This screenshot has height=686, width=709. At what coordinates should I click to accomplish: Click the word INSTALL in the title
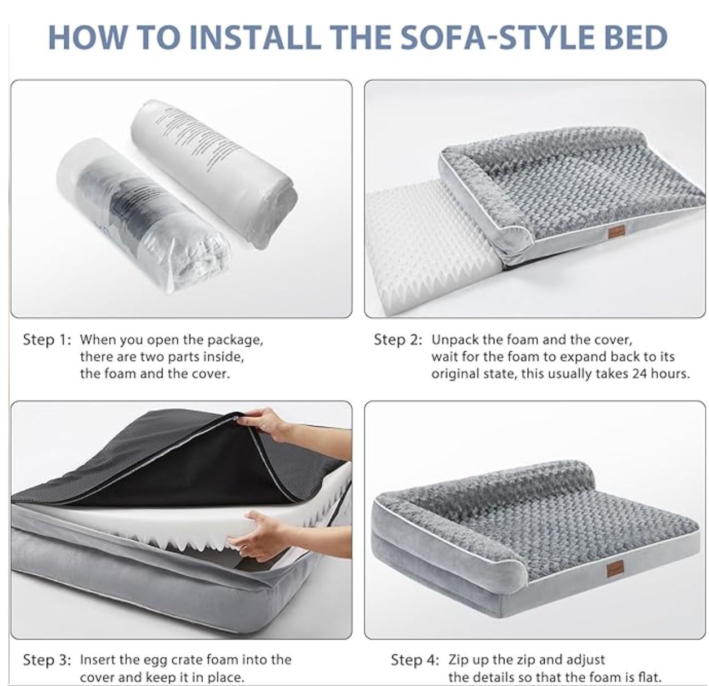(255, 37)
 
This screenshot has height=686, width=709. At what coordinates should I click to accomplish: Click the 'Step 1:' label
(46, 339)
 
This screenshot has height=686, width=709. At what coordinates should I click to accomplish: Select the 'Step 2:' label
(398, 339)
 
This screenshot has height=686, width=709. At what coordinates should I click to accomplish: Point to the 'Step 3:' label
(47, 659)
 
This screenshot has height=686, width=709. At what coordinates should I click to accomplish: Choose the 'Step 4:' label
(415, 659)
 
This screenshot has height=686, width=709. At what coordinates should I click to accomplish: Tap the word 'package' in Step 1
(235, 340)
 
